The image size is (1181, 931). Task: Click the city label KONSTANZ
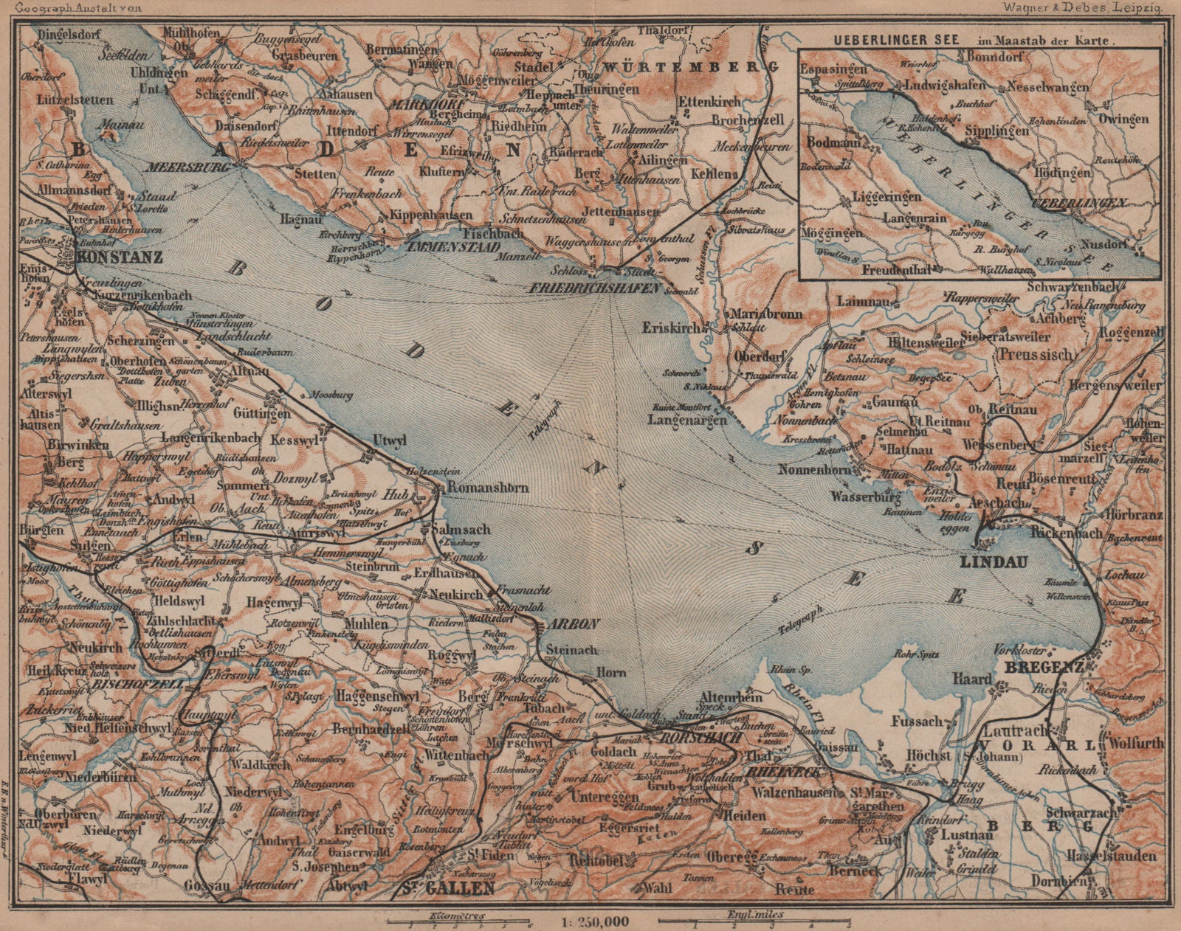click(119, 259)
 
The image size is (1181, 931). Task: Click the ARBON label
click(572, 623)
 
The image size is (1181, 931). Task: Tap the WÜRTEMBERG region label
click(692, 66)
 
